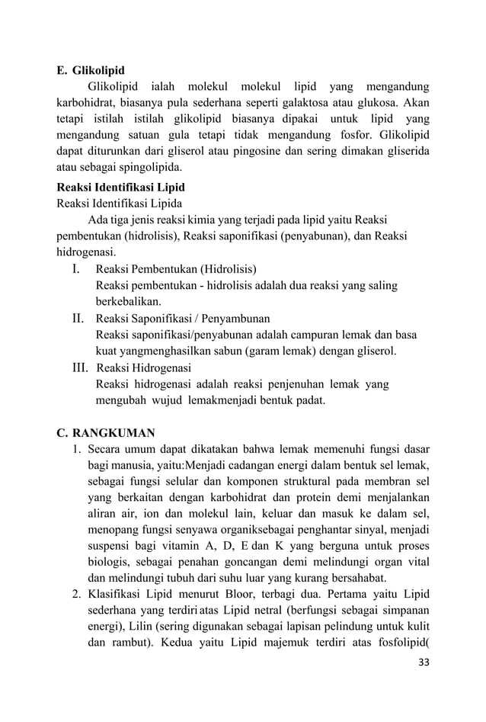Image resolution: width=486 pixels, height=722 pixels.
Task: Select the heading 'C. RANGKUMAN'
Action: point(105,433)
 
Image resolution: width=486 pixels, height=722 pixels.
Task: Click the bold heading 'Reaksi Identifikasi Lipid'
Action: point(121,187)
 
